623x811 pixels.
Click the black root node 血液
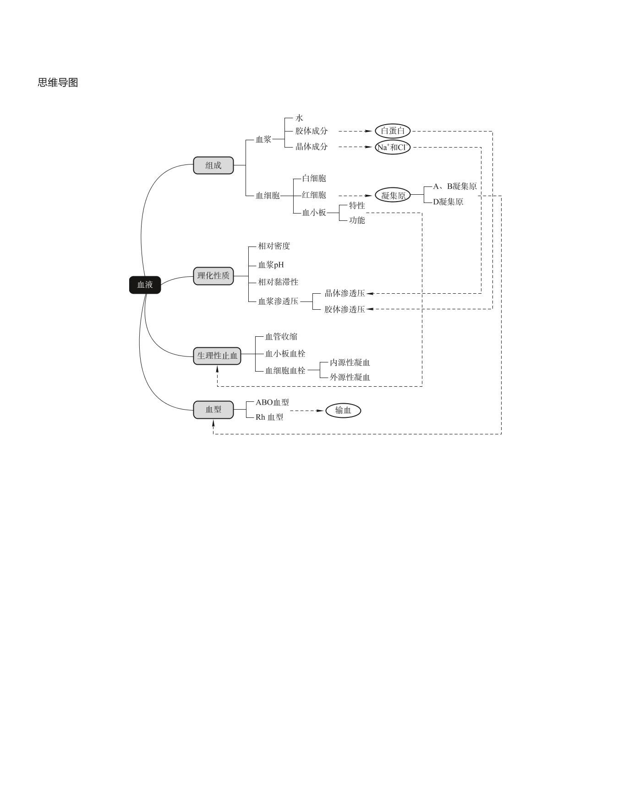click(x=145, y=285)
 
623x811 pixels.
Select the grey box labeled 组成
click(x=213, y=165)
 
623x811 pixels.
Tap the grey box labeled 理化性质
click(x=213, y=276)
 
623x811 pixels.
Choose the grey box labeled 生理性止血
click(x=217, y=356)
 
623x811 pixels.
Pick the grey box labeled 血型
click(x=213, y=410)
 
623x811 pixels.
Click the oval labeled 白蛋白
click(x=393, y=131)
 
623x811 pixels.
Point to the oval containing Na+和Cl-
click(x=393, y=148)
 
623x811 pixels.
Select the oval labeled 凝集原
click(x=393, y=196)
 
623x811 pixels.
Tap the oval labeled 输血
click(x=343, y=411)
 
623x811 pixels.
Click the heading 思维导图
click(x=58, y=82)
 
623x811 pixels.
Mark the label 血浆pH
click(x=271, y=265)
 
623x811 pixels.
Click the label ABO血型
click(x=272, y=402)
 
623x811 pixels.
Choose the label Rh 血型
click(x=269, y=417)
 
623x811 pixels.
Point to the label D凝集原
click(x=448, y=202)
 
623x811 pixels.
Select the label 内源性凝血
click(x=350, y=362)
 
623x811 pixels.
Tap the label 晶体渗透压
click(x=344, y=293)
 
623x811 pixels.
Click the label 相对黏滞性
click(x=278, y=282)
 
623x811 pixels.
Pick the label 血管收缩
click(x=281, y=337)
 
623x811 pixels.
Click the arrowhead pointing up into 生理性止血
click(x=217, y=368)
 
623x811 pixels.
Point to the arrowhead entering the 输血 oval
click(x=320, y=411)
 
